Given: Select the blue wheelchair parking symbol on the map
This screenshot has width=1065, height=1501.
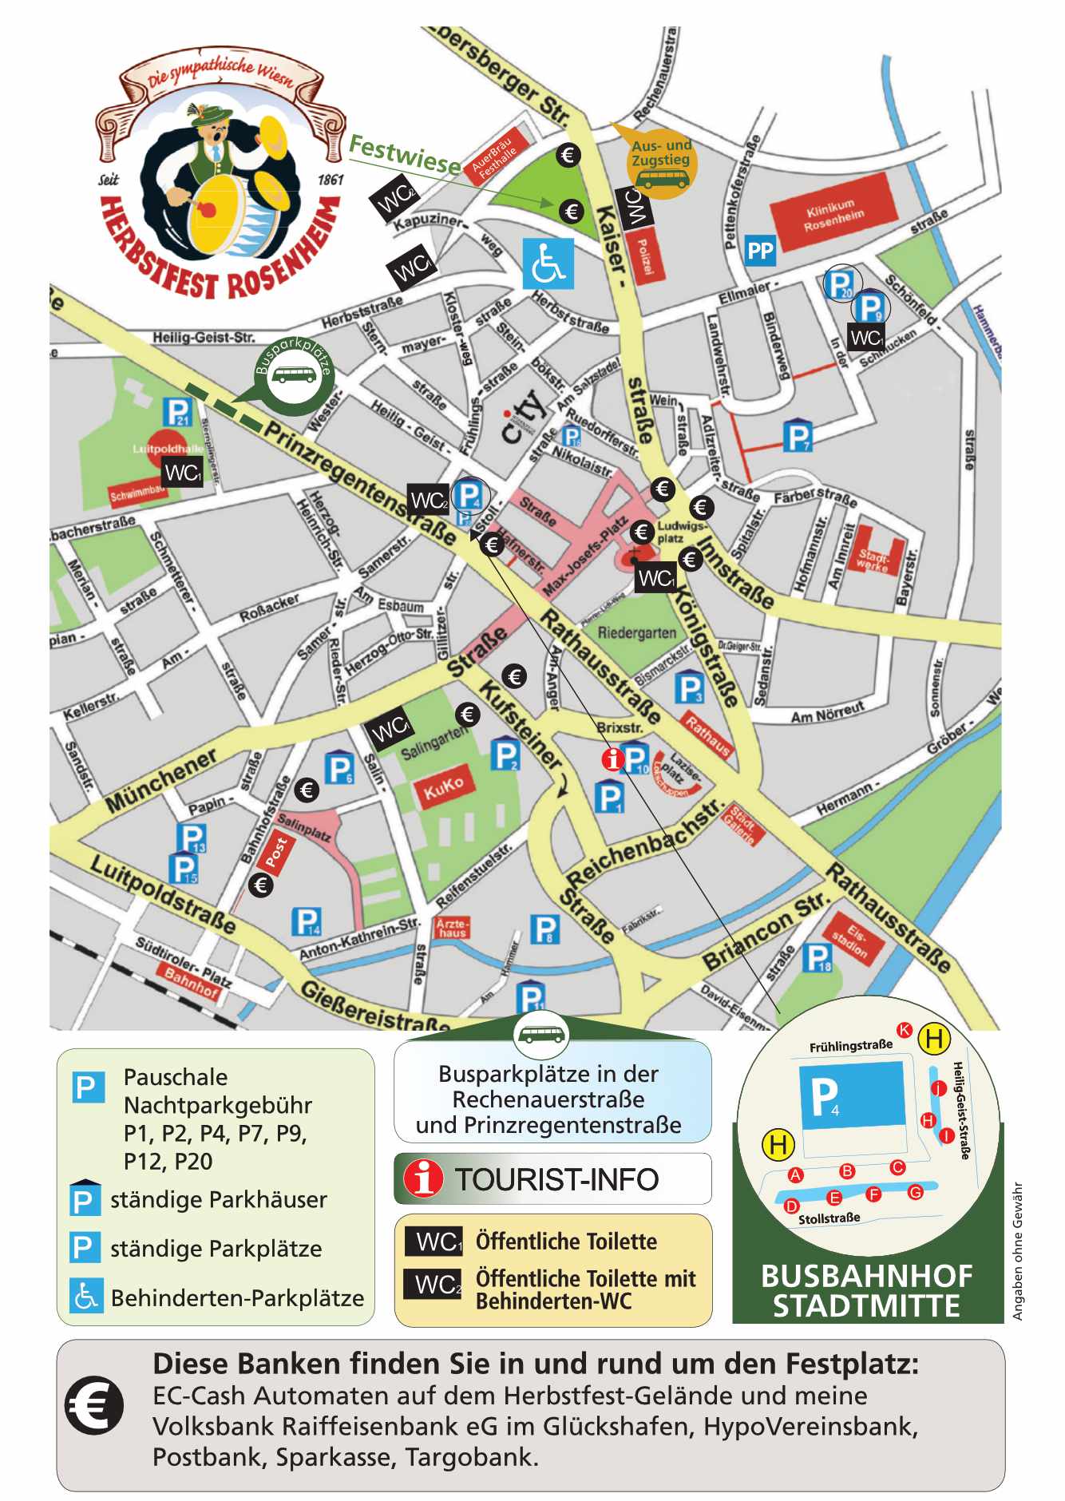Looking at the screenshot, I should [x=548, y=263].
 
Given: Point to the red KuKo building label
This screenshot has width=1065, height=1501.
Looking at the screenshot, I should [x=443, y=788].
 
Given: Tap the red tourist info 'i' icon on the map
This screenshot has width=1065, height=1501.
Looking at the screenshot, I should [x=612, y=758].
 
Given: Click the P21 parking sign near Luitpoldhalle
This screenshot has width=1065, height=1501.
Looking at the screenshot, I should [x=177, y=412].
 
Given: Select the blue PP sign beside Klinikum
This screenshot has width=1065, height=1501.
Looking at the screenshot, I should [x=759, y=251].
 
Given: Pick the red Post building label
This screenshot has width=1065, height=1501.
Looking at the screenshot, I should [x=275, y=852].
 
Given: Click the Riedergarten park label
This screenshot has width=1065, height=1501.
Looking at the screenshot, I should [x=636, y=633].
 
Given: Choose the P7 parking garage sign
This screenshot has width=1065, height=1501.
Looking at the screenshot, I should [x=797, y=436].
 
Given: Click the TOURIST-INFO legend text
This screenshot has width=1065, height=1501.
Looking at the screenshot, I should [x=556, y=1179].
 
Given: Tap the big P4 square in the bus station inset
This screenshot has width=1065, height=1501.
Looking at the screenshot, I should [x=853, y=1095].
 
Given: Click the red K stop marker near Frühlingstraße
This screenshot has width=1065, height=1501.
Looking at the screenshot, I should [x=905, y=1030].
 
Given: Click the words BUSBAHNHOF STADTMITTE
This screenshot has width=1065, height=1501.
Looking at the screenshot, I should [x=867, y=1291].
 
